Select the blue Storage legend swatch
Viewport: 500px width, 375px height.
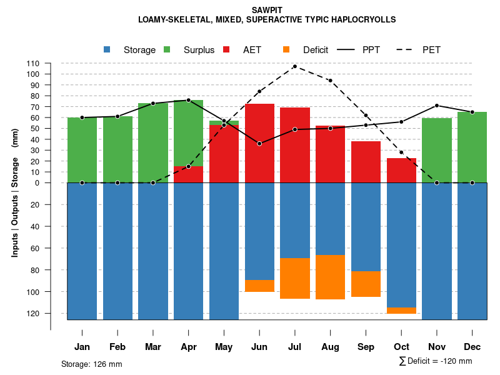point(107,50)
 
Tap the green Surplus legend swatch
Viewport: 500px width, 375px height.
point(167,50)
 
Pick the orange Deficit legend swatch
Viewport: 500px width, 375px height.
point(286,50)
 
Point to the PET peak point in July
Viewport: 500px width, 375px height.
point(295,66)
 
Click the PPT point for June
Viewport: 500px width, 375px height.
point(259,144)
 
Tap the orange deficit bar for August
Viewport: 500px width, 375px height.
point(330,277)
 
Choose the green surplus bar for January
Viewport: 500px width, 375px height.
point(82,150)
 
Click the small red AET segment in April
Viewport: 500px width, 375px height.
point(188,174)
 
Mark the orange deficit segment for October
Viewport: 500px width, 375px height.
point(401,310)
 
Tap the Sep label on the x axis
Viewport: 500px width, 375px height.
point(366,347)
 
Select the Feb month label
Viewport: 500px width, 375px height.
point(117,347)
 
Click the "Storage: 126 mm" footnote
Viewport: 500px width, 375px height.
point(91,364)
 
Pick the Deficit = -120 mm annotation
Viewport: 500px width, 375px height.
point(435,361)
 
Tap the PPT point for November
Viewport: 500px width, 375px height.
point(437,106)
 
